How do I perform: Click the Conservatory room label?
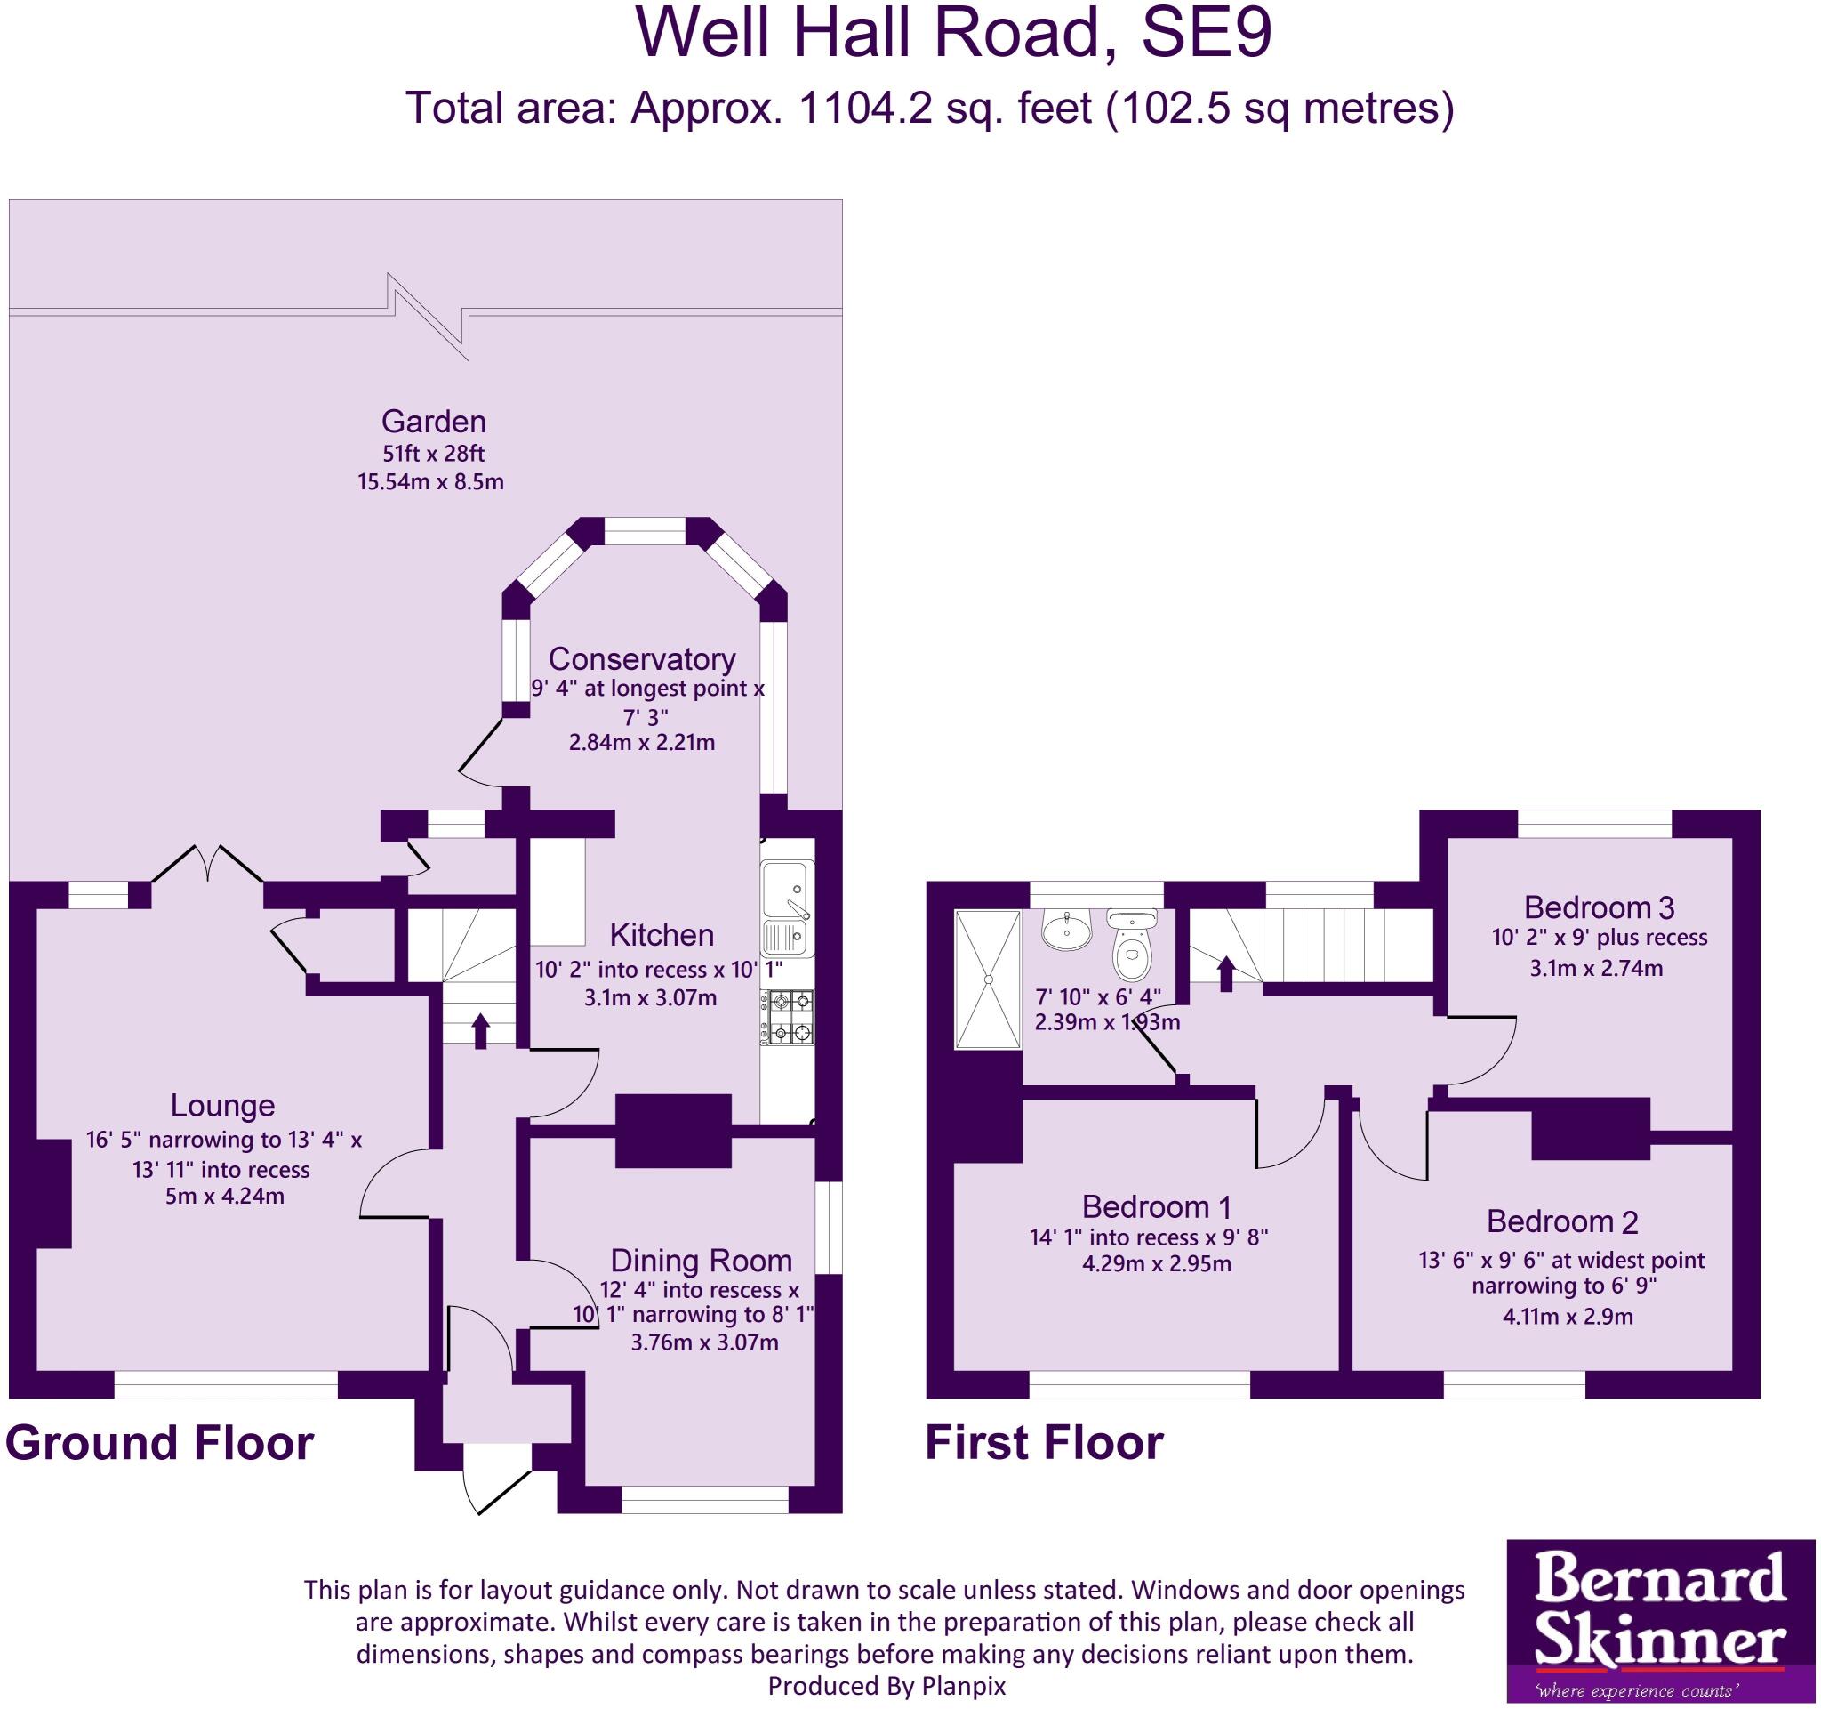(x=641, y=659)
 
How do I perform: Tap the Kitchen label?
(x=662, y=935)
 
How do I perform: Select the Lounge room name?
(x=222, y=1105)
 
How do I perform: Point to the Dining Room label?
(x=701, y=1261)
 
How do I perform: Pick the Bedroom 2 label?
(x=1561, y=1221)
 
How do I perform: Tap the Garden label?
(x=433, y=422)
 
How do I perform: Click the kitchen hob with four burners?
(x=789, y=1017)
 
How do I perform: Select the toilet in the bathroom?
(x=1133, y=947)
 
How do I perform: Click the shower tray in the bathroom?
(x=988, y=979)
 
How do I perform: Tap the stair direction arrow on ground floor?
(x=479, y=1031)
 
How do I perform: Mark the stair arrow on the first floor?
(x=1225, y=973)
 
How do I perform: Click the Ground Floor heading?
(x=159, y=1442)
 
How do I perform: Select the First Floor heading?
(x=1043, y=1442)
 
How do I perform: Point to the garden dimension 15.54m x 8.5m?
(x=430, y=482)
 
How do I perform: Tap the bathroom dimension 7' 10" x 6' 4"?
(x=1097, y=997)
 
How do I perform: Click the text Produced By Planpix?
(x=886, y=1686)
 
